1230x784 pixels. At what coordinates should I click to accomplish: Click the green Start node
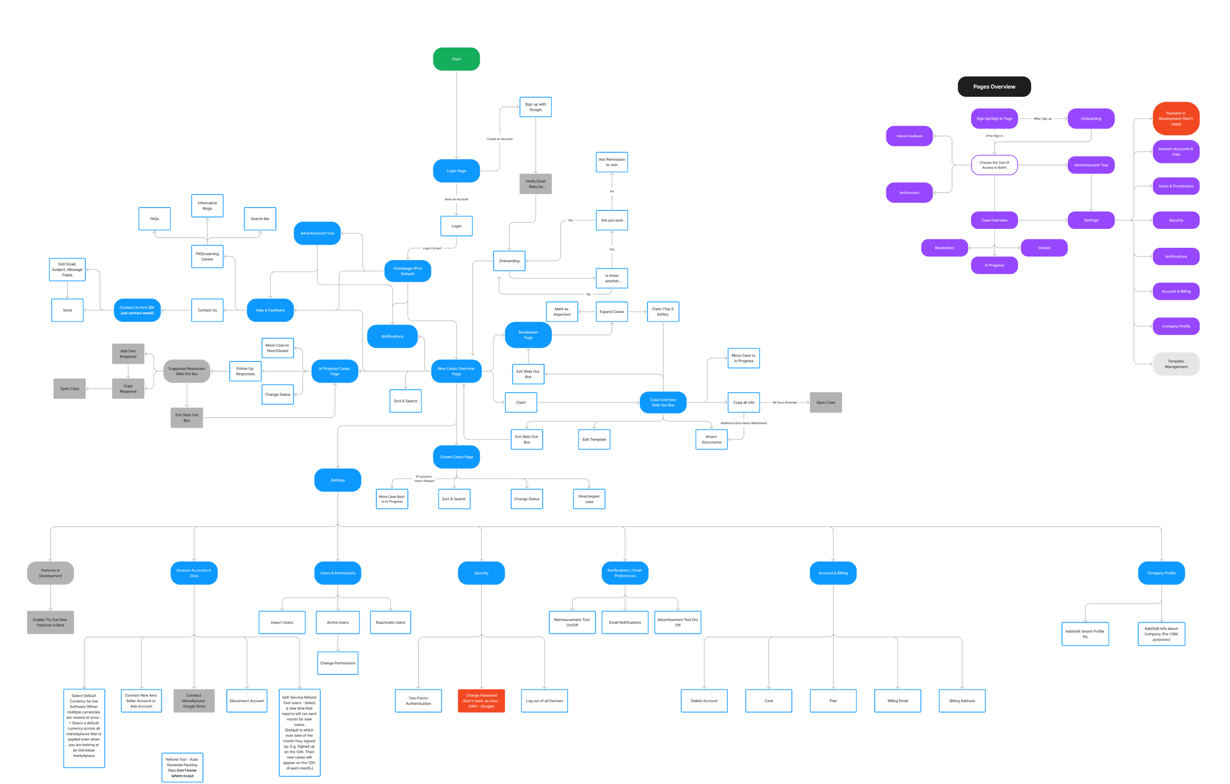(x=456, y=59)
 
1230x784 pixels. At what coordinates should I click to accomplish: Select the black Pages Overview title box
(x=994, y=87)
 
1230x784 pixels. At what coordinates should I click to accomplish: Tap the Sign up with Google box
(x=535, y=107)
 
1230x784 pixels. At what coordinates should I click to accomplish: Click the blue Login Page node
(x=456, y=171)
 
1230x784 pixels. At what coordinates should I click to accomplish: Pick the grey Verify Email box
(x=535, y=184)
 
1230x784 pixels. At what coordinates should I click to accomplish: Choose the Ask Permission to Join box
(x=612, y=162)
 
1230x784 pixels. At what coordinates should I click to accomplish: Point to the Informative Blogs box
(x=207, y=206)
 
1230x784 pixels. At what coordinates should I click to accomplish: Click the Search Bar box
(x=260, y=219)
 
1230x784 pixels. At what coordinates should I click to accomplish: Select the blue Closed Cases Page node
(x=456, y=457)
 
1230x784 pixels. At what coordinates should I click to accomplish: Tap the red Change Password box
(x=481, y=701)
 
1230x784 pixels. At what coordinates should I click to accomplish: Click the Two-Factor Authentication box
(x=418, y=701)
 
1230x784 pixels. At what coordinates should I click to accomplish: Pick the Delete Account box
(x=704, y=701)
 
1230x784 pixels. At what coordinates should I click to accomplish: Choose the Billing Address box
(x=962, y=701)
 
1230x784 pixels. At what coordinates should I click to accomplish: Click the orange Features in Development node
(x=1176, y=119)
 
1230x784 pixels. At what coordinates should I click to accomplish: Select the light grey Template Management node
(x=1176, y=364)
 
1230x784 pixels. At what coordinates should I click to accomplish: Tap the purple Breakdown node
(x=944, y=248)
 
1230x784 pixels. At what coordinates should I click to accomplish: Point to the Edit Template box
(x=594, y=439)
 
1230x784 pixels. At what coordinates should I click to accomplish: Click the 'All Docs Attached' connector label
(x=784, y=402)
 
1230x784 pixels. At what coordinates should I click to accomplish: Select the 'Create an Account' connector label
(x=500, y=139)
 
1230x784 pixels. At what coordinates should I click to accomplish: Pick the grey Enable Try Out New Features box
(x=50, y=623)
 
